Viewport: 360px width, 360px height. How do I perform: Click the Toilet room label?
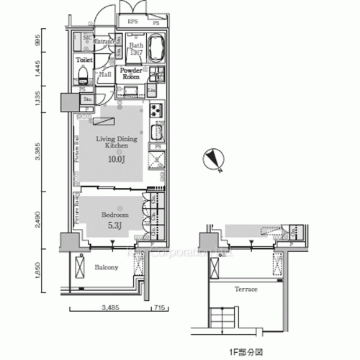pos(84,60)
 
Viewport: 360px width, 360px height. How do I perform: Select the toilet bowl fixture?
pos(83,75)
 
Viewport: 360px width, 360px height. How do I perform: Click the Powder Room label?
pos(135,75)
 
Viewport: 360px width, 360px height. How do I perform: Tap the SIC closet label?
pos(86,37)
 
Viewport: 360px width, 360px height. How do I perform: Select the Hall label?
pos(104,74)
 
